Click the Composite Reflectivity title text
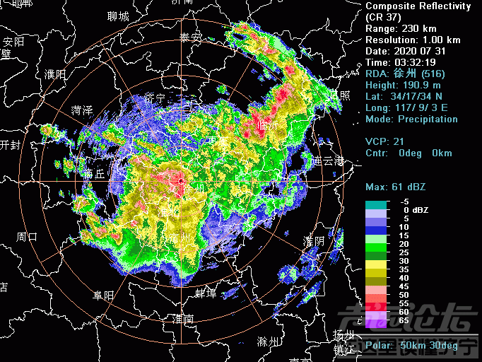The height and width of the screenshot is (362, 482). pos(418,6)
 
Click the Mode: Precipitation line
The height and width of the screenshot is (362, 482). pos(411,119)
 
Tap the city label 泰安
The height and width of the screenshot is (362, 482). pos(191,37)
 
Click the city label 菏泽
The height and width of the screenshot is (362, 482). pos(82,110)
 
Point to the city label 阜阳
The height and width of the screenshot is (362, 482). pos(103,295)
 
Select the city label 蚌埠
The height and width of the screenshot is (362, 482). pos(205,293)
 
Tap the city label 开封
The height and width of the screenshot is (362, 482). pos(11,145)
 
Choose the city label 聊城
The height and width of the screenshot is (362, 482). pos(118,16)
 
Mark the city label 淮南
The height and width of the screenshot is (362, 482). pos(184,319)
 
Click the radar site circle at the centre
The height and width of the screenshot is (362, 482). pos(182,182)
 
